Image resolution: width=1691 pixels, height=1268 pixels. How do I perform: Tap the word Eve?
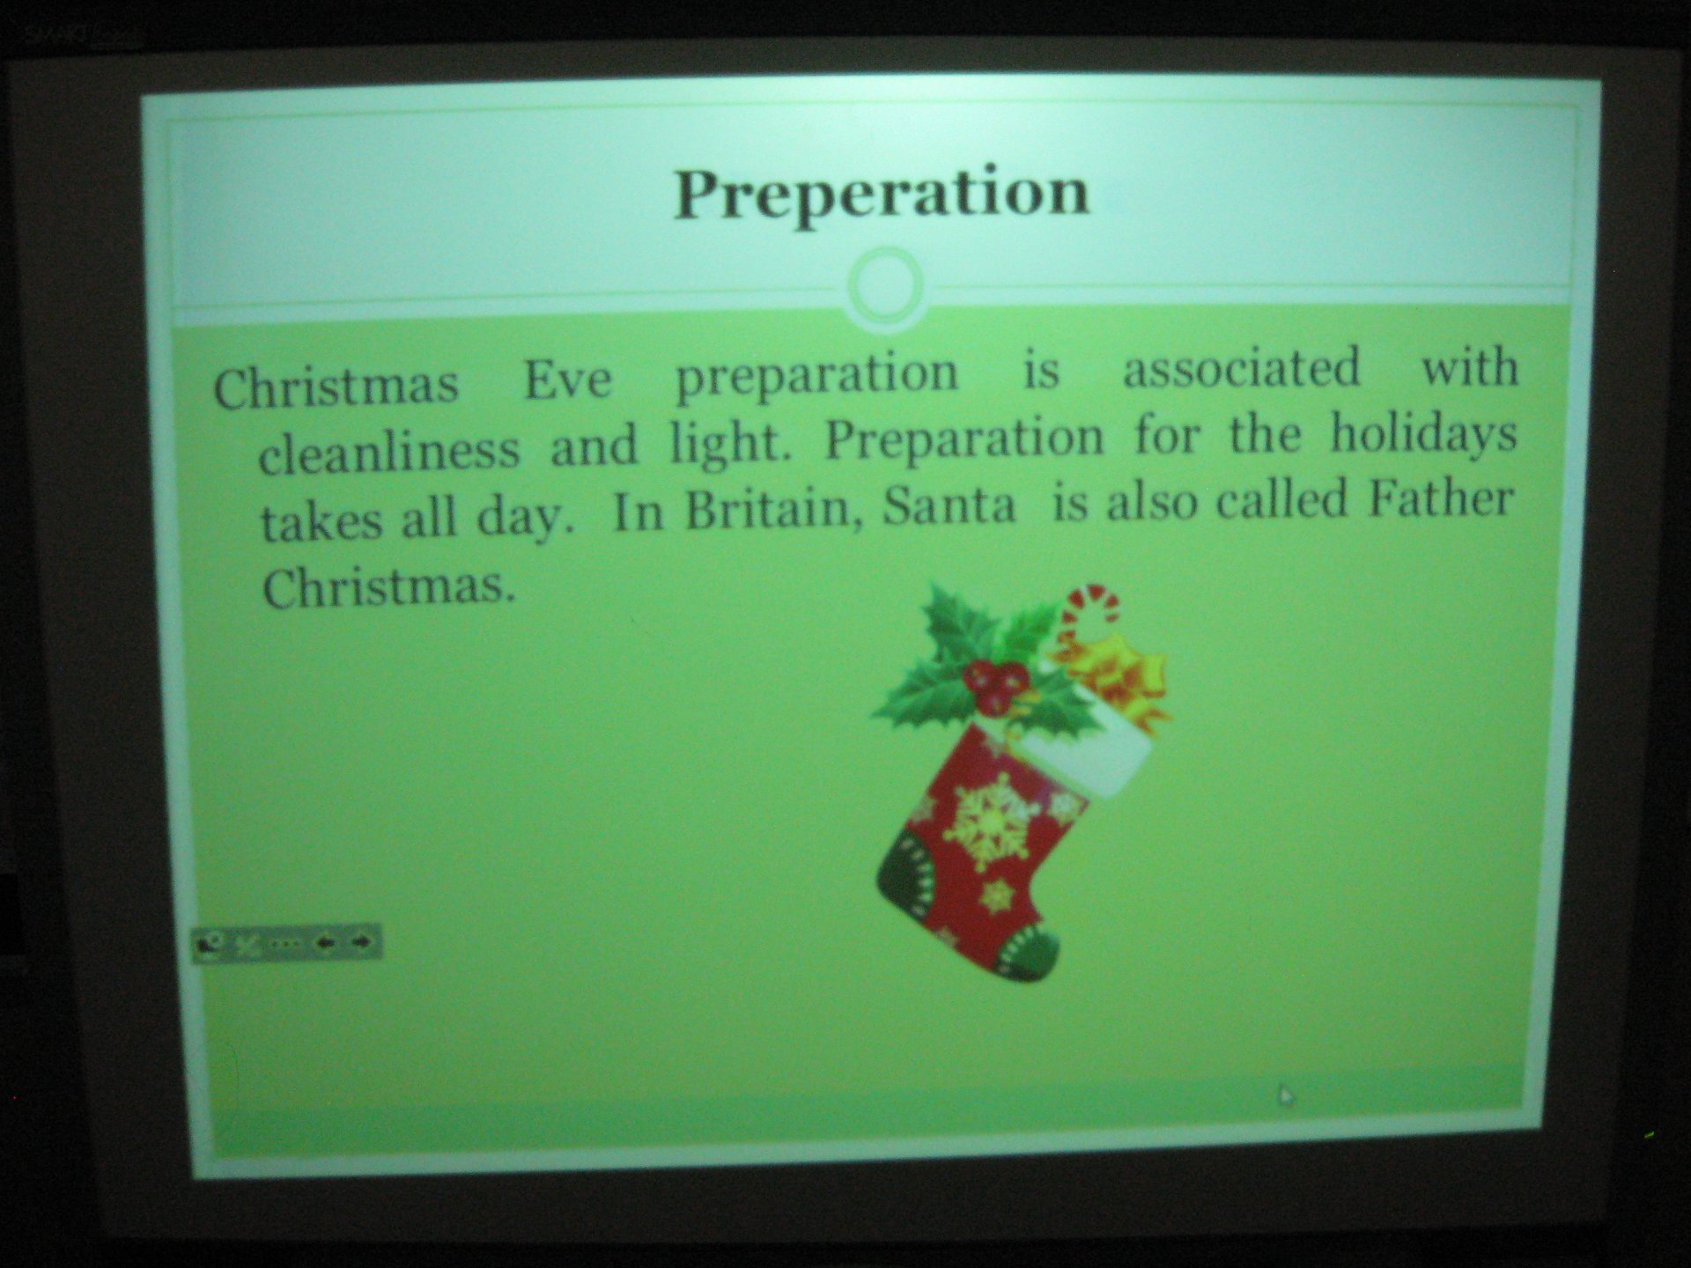coord(568,380)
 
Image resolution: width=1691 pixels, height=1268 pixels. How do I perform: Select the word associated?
coord(1242,367)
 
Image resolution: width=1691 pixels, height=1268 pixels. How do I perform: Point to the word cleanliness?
coord(389,450)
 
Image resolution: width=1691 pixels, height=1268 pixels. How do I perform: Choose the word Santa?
coord(949,505)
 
